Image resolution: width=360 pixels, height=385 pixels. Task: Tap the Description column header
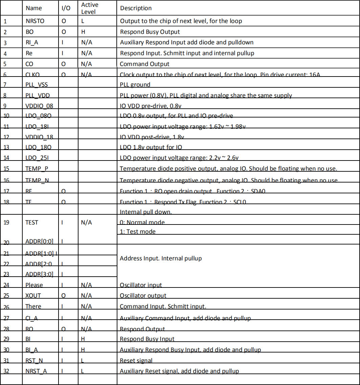click(136, 8)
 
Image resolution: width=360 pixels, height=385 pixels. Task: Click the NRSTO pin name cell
click(35, 21)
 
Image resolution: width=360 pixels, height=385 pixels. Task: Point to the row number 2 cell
click(5, 32)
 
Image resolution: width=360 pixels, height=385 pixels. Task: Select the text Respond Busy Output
click(150, 32)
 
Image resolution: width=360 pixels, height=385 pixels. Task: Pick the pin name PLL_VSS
click(38, 85)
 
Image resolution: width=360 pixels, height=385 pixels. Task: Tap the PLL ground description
click(135, 85)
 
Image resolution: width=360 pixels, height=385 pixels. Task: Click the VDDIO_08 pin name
click(39, 106)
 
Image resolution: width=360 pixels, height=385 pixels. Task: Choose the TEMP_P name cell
click(37, 169)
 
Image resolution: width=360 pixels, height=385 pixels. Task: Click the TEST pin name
click(32, 222)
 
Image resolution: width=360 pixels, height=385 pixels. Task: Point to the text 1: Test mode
click(138, 232)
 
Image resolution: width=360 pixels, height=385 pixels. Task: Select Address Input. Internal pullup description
click(161, 258)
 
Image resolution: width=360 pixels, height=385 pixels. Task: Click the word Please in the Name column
click(34, 285)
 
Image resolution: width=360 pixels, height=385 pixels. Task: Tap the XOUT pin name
click(33, 296)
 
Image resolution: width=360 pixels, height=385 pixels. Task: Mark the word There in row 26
click(33, 306)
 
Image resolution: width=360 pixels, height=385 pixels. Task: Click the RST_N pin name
click(34, 360)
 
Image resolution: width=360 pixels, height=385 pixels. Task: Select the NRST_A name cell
click(36, 371)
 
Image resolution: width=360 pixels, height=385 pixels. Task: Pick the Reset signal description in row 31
click(136, 360)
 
